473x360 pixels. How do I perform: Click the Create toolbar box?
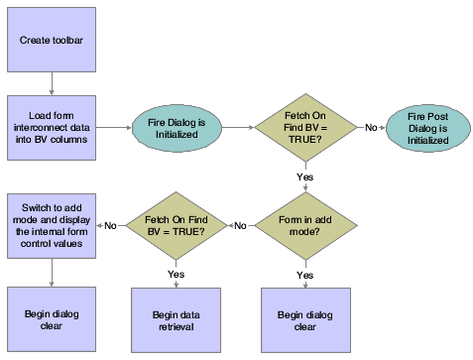(x=52, y=39)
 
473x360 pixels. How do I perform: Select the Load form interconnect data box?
(x=52, y=126)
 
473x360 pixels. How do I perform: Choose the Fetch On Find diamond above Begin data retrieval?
(x=177, y=225)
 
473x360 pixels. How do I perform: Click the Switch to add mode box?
(x=52, y=225)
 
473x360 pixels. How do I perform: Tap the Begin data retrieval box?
(x=177, y=319)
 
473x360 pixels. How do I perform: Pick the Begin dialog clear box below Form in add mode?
(x=304, y=319)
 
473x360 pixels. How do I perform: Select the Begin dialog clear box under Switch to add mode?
(x=52, y=319)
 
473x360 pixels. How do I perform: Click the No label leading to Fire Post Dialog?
(x=370, y=127)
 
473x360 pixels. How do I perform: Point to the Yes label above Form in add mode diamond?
(x=304, y=177)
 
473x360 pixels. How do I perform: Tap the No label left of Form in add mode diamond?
(x=240, y=225)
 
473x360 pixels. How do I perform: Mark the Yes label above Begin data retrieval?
(x=177, y=272)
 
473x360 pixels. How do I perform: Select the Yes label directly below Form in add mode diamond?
(x=304, y=273)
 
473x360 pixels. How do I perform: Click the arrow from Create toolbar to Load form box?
(x=52, y=82)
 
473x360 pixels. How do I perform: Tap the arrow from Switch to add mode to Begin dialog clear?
(x=52, y=272)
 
